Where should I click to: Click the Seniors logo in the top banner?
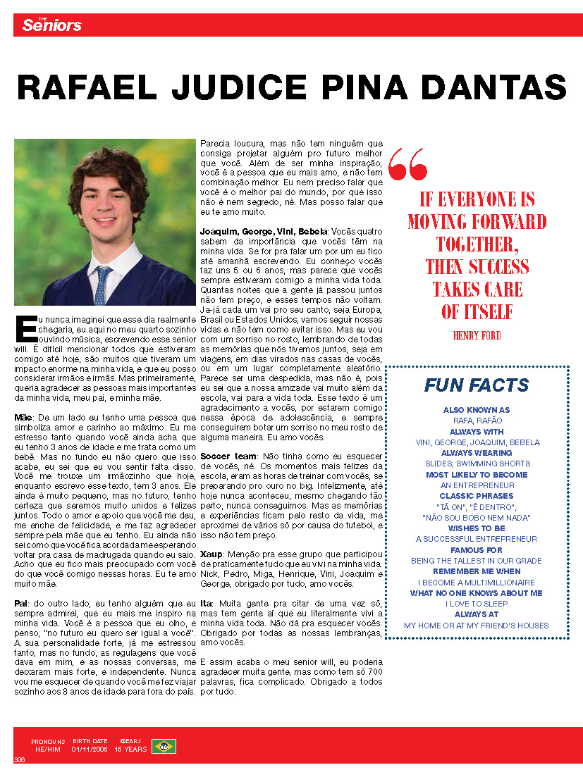click(51, 25)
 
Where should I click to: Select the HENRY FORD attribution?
click(477, 336)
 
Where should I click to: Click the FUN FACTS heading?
click(477, 385)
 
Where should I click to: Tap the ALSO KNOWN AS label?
click(477, 409)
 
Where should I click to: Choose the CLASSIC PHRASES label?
click(477, 496)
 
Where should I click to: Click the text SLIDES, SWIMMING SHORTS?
click(477, 464)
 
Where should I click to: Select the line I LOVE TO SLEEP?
click(477, 604)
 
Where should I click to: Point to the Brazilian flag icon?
click(164, 746)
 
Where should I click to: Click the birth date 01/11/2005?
click(90, 750)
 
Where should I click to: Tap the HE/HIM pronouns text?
click(49, 750)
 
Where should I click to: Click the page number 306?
click(19, 759)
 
